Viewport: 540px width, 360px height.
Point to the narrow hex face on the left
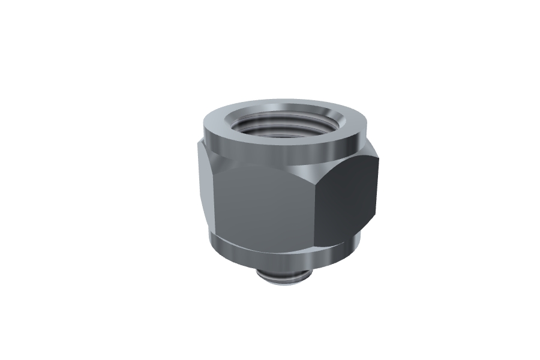point(204,186)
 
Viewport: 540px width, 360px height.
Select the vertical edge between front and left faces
point(211,198)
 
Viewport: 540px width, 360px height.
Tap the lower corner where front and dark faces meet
point(314,245)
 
